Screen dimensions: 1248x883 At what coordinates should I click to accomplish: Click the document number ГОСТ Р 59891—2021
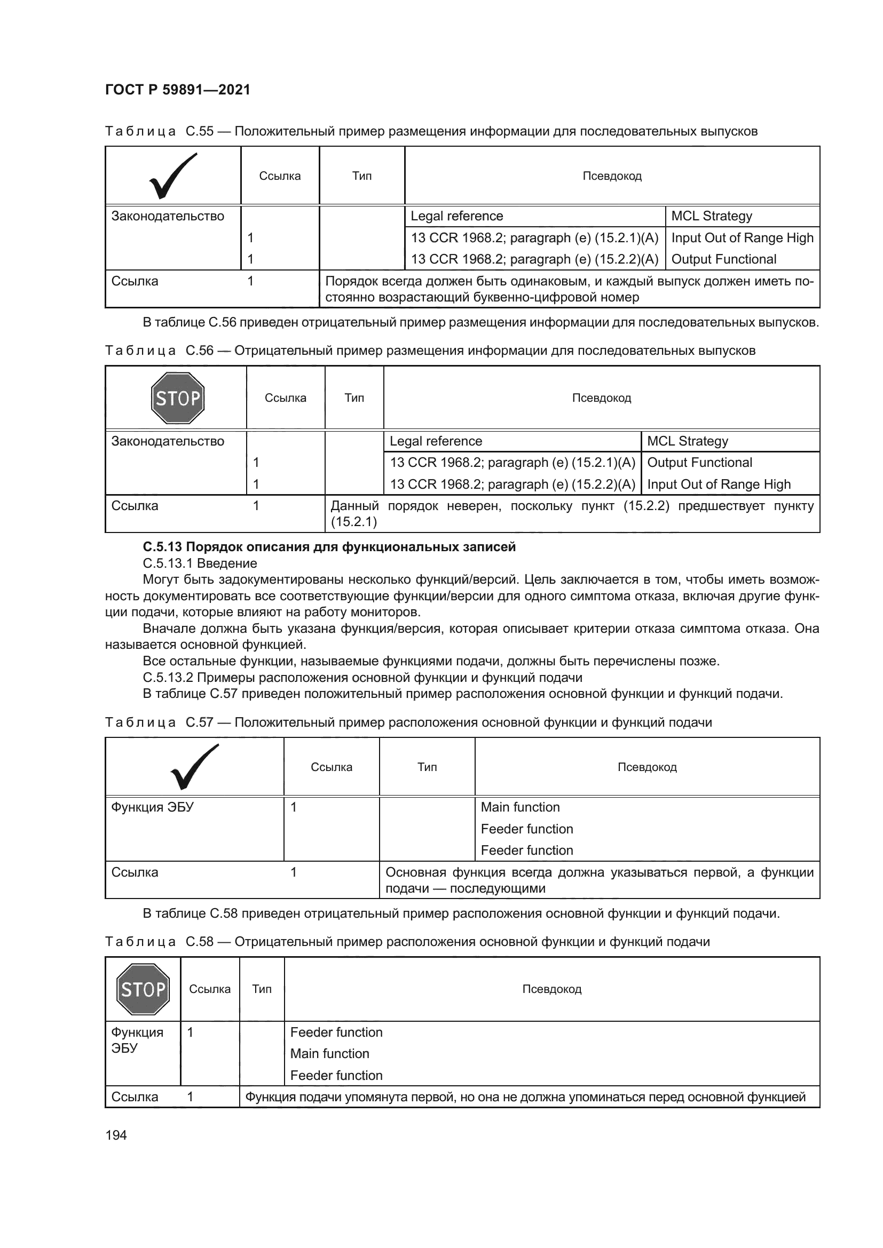(177, 90)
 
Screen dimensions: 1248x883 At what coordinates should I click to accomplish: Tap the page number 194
(116, 1135)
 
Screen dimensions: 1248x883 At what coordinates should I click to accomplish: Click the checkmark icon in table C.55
(173, 176)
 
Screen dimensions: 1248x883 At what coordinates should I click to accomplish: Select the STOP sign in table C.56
(177, 398)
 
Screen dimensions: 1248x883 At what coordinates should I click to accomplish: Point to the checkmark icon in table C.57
(194, 767)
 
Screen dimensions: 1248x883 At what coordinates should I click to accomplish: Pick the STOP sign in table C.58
(143, 989)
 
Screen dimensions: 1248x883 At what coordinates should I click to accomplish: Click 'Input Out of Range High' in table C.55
(742, 238)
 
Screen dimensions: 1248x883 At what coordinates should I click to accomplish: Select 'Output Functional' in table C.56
(700, 463)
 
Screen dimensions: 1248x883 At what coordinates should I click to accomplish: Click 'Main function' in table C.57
(520, 807)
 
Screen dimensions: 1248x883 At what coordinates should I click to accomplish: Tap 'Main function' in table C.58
(329, 1053)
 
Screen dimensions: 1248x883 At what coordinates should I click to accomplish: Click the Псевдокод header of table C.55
(612, 176)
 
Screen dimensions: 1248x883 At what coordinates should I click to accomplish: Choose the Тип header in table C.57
(427, 767)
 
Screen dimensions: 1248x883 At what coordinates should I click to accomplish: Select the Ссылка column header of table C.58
(210, 989)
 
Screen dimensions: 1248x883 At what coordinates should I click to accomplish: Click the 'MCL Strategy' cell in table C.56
(687, 441)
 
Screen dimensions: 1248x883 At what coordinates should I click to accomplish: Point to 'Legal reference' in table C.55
(457, 216)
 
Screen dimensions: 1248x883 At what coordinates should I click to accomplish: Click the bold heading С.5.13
(329, 547)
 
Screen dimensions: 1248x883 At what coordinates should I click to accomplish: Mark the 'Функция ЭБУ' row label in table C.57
(152, 807)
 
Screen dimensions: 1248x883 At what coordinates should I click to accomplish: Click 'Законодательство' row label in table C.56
(168, 441)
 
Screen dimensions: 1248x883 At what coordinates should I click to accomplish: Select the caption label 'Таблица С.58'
(159, 941)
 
